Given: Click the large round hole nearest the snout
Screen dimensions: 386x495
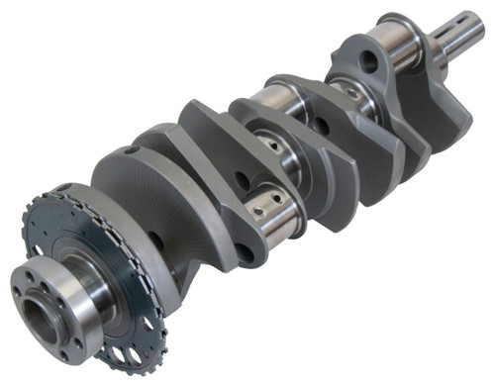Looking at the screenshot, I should [368, 61].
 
